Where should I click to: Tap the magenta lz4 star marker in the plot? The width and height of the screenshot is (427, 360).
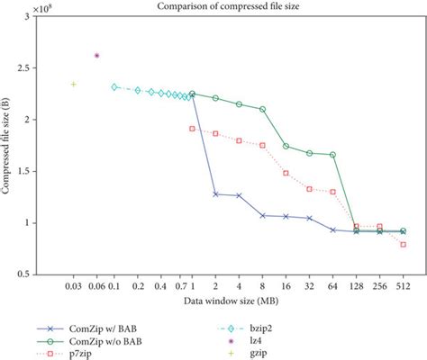point(96,56)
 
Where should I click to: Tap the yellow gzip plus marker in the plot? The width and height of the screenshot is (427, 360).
point(74,85)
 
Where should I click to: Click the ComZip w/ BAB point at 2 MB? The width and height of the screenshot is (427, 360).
point(215,193)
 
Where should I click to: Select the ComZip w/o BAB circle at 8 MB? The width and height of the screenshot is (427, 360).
point(263,110)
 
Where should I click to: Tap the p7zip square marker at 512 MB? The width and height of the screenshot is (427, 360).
point(403,245)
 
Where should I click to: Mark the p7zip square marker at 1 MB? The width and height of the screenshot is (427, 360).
point(193,129)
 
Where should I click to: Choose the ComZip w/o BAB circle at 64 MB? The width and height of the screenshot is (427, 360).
point(333,155)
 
